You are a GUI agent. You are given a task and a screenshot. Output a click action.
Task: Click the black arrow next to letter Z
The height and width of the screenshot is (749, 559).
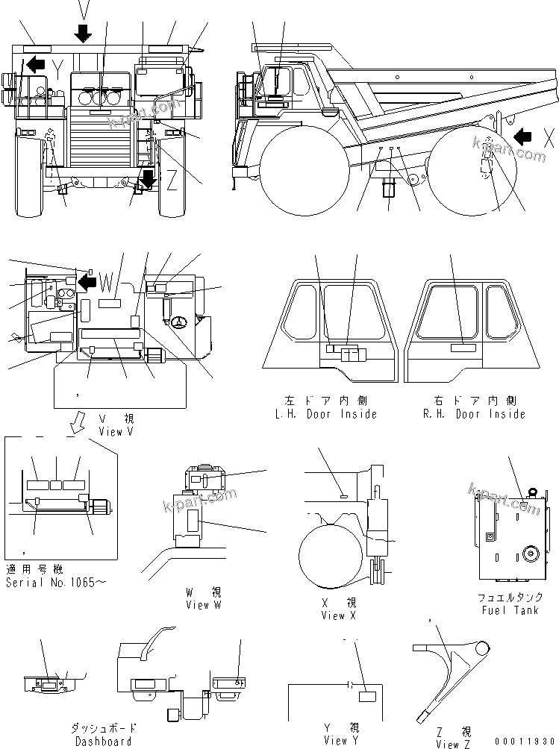(149, 179)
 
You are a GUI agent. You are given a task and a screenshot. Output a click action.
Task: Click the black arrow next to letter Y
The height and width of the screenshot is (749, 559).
(33, 65)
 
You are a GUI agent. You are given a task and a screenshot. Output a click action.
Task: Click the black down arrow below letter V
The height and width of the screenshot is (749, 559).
(83, 33)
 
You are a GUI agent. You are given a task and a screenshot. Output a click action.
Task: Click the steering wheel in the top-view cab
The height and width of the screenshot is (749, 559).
(180, 322)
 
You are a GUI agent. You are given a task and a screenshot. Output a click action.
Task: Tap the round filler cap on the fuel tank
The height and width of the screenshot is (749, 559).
(531, 553)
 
